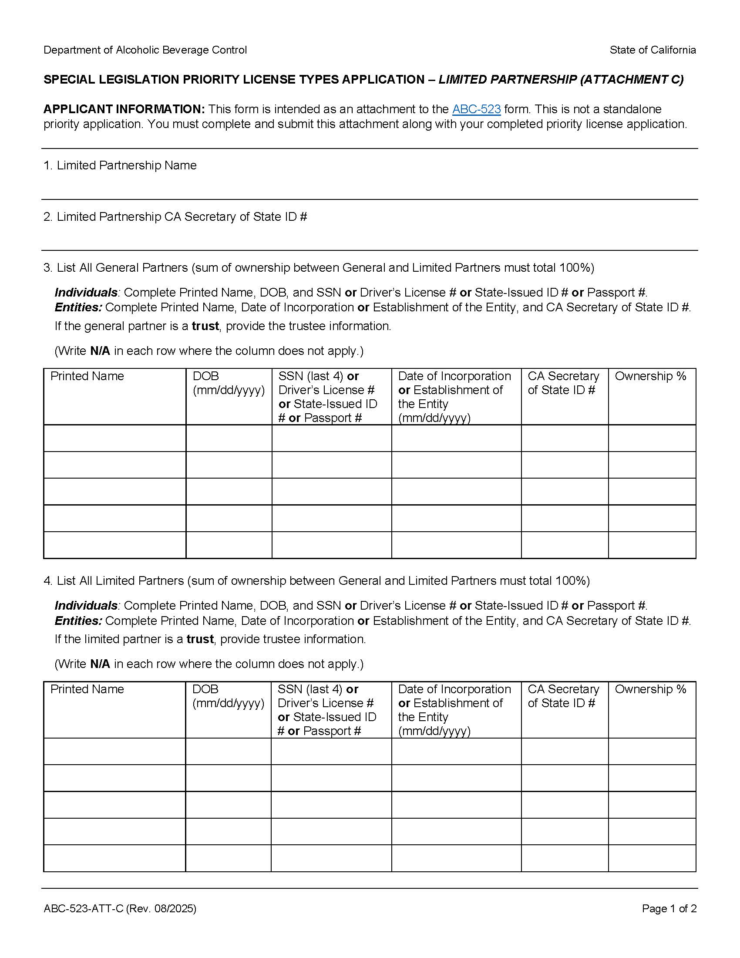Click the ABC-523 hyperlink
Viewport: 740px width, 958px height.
476,109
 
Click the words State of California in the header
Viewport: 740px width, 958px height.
653,50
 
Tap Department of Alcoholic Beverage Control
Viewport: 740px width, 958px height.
145,50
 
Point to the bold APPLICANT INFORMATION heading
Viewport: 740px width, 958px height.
124,109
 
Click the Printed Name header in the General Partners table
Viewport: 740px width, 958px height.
87,376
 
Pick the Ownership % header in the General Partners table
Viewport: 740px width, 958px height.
650,376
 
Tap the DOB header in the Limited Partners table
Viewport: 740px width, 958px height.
205,689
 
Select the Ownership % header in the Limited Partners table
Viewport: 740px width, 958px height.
650,689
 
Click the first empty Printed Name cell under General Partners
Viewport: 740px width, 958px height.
114,438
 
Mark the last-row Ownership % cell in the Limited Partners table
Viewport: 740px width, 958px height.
652,858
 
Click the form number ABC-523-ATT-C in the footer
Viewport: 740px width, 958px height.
83,909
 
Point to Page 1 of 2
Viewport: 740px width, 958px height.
669,909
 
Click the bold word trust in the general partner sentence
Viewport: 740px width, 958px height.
205,326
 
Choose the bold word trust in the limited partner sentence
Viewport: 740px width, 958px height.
200,639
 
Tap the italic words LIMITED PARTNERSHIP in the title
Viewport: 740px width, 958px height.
508,79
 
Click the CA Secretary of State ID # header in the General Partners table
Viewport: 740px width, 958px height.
563,383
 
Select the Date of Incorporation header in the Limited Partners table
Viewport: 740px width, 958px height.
454,689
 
